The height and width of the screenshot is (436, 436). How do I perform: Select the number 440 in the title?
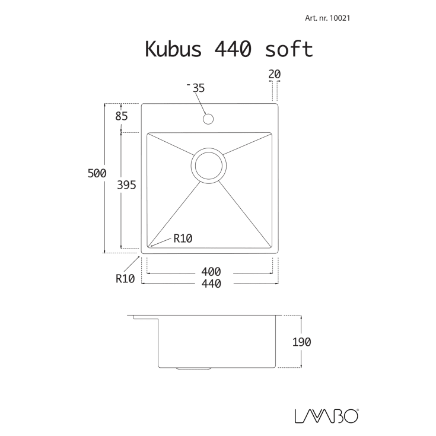228,49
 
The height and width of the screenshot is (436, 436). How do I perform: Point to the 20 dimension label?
273,74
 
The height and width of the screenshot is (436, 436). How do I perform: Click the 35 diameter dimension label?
198,88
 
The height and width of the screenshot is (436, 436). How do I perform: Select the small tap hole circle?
208,119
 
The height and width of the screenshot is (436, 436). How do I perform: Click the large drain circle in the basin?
209,165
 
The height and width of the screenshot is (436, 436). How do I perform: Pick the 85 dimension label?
122,116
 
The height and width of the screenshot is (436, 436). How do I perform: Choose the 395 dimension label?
127,185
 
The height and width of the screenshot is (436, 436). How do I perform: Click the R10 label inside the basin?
183,238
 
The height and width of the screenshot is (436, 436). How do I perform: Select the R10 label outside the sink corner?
125,278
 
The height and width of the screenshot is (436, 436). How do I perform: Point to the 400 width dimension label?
211,272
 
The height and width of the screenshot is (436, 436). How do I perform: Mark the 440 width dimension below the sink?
211,284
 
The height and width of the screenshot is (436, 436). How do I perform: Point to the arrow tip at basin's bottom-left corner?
151,244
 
